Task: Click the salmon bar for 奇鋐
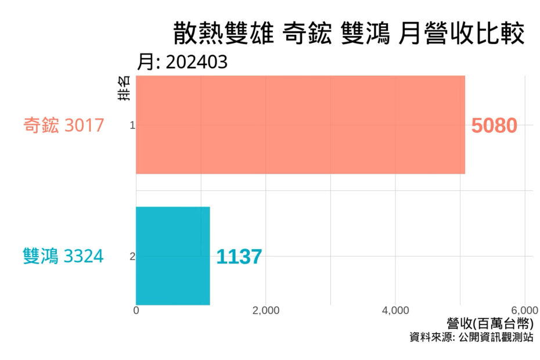(x=300, y=125)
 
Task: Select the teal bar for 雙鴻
(x=173, y=255)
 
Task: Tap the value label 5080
(x=494, y=125)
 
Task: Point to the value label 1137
(x=239, y=257)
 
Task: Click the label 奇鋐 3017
(x=64, y=125)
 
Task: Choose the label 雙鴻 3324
(x=64, y=256)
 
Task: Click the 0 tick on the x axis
(x=136, y=310)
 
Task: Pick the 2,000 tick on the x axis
(x=266, y=310)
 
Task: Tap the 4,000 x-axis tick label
(x=396, y=310)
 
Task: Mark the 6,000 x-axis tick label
(x=524, y=310)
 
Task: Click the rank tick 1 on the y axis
(x=132, y=125)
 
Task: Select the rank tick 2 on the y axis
(x=132, y=256)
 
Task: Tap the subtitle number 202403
(x=196, y=62)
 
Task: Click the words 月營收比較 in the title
(x=462, y=34)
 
